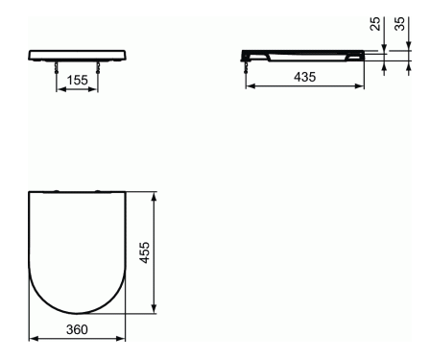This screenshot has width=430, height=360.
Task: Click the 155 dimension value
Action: pyautogui.click(x=78, y=80)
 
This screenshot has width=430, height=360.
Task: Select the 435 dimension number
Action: pyautogui.click(x=304, y=77)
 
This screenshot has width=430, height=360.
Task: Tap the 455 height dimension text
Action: pyautogui.click(x=145, y=252)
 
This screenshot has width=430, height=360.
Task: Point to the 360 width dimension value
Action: pyautogui.click(x=77, y=329)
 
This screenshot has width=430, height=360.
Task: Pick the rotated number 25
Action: pyautogui.click(x=375, y=24)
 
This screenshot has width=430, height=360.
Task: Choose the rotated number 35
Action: pyautogui.click(x=399, y=24)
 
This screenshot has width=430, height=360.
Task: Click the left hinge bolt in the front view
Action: pyautogui.click(x=57, y=67)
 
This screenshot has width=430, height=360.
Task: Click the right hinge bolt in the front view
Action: pyautogui.click(x=98, y=67)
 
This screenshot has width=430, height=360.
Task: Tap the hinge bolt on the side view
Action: pyautogui.click(x=246, y=67)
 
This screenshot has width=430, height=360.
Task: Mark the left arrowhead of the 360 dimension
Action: pyautogui.click(x=34, y=338)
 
